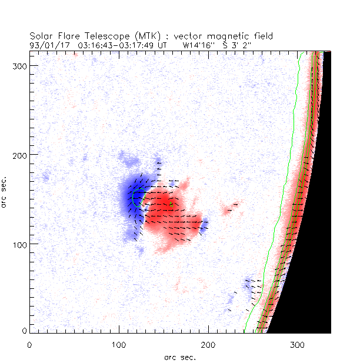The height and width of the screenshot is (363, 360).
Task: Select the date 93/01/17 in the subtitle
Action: coord(48,44)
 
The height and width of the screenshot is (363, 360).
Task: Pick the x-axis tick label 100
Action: coord(119,345)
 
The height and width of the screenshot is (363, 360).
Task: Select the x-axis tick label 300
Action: coord(298,345)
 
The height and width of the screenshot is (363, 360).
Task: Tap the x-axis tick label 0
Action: coord(29,345)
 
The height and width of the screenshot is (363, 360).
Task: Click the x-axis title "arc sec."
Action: coord(180,357)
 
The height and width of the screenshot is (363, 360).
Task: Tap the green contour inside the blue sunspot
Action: coord(135,197)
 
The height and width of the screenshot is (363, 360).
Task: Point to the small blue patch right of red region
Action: coord(204,225)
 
